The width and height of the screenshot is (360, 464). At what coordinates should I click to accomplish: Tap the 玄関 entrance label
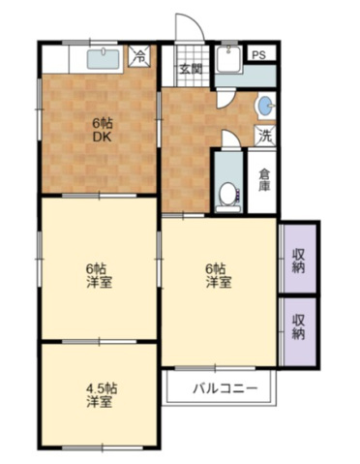click(190, 69)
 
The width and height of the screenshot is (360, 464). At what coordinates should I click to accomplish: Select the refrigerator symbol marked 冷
click(141, 56)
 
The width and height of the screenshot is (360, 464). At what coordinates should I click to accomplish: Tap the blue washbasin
click(263, 105)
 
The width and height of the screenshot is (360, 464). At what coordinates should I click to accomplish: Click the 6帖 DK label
click(101, 130)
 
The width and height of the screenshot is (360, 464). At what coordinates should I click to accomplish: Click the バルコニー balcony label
click(224, 389)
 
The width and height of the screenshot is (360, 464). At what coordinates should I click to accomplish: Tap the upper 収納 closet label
click(299, 261)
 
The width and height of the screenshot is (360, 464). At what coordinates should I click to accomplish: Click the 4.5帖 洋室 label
click(99, 395)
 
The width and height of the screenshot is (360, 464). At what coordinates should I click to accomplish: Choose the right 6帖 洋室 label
click(219, 275)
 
